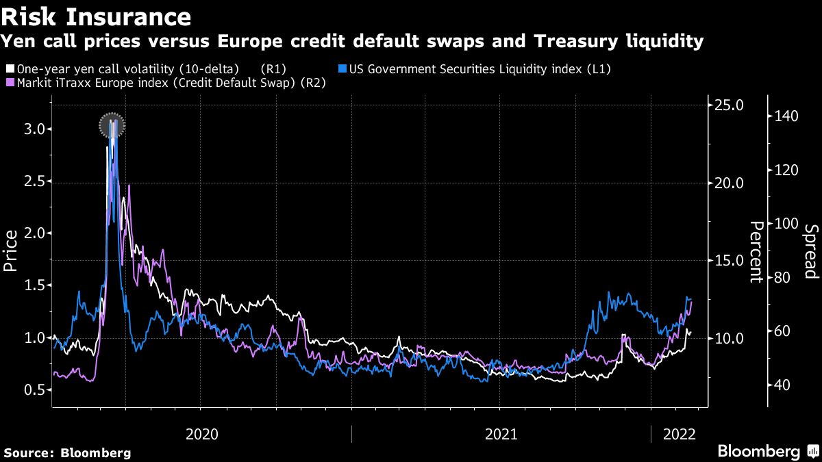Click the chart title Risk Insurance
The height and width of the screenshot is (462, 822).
[x=96, y=15]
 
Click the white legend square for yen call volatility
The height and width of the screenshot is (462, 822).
[x=10, y=69]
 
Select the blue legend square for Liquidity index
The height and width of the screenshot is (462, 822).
[x=343, y=69]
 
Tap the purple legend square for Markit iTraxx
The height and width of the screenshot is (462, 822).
[x=10, y=83]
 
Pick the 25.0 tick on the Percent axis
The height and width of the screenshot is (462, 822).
[x=729, y=105]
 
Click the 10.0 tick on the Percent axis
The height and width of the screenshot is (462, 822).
[x=729, y=338]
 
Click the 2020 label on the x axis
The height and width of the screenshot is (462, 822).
[x=201, y=434]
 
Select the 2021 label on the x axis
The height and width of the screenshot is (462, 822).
[x=500, y=434]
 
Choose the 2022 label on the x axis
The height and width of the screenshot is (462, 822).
[x=678, y=434]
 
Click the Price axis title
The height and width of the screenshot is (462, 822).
[x=11, y=251]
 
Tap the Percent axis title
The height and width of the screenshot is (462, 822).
[x=756, y=251]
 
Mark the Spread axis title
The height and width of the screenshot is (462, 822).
[x=811, y=251]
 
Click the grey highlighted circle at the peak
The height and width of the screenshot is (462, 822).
[x=111, y=125]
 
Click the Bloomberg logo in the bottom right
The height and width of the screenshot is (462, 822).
[x=759, y=452]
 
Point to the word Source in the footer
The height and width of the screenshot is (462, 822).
[x=28, y=453]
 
